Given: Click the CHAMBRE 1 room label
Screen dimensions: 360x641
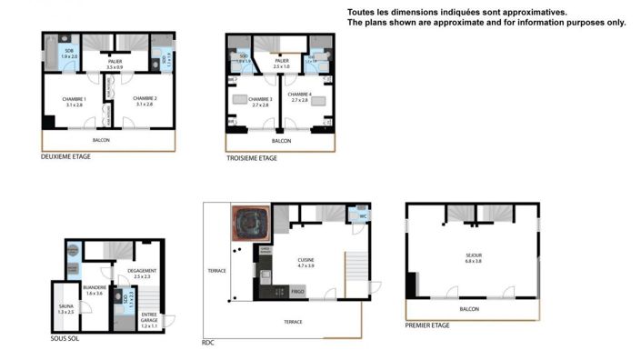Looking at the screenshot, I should click(75, 101).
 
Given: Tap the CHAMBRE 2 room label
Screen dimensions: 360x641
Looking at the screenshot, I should click(145, 101).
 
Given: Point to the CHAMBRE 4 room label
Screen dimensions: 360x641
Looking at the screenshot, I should click(300, 97).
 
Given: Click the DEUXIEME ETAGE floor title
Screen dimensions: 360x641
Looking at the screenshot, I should click(66, 156).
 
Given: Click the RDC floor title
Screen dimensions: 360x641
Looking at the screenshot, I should click(208, 343).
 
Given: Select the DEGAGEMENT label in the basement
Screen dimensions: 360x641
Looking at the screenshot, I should click(142, 272).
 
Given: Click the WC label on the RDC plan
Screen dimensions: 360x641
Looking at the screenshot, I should click(362, 215).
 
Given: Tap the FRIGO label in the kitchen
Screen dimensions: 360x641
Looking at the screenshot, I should click(297, 292).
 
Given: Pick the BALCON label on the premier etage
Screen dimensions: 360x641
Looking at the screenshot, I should click(469, 309).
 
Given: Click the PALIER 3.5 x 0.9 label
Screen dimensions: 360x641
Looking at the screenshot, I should click(115, 64).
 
